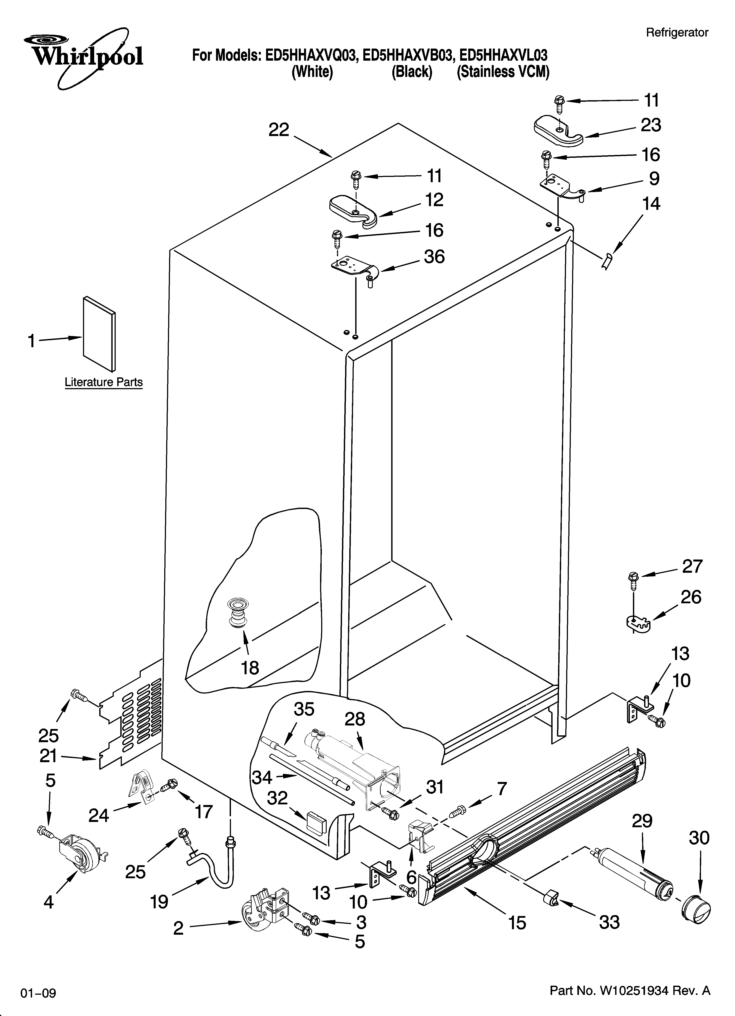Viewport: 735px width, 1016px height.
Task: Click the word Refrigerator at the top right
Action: click(677, 32)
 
